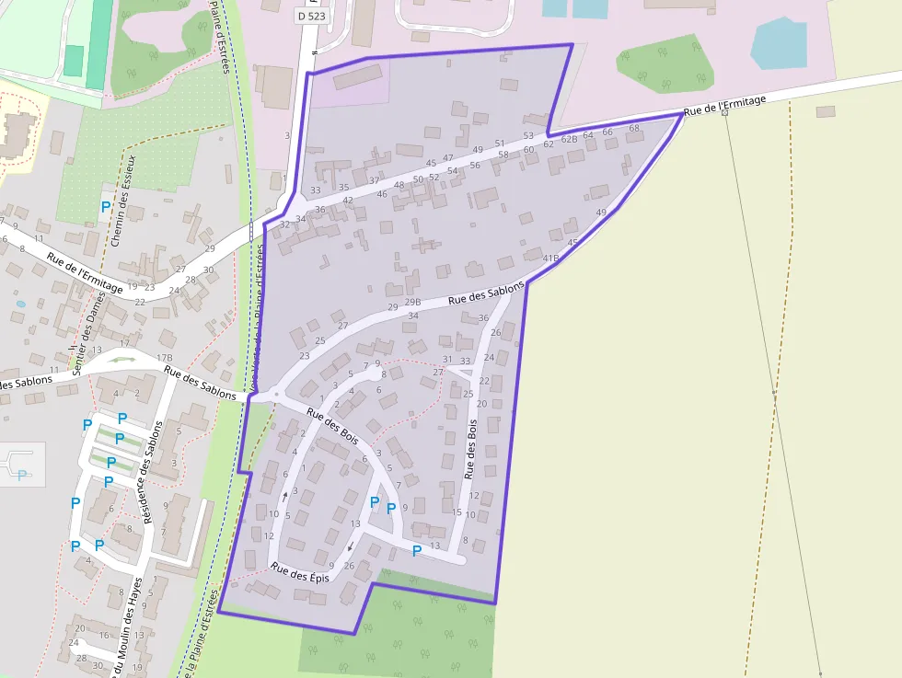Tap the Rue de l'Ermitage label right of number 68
click(x=725, y=106)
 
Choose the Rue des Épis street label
click(x=300, y=572)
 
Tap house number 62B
click(x=570, y=140)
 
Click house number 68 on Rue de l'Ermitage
click(x=633, y=128)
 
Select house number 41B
click(x=550, y=259)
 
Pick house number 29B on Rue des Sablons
click(x=412, y=302)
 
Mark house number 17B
click(x=165, y=358)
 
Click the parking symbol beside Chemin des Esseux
click(x=106, y=207)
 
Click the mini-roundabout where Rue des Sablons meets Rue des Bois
click(x=273, y=396)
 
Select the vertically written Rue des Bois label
click(x=470, y=450)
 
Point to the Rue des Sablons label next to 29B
click(x=486, y=293)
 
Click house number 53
click(x=528, y=136)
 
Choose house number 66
click(x=607, y=132)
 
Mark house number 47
click(x=448, y=158)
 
